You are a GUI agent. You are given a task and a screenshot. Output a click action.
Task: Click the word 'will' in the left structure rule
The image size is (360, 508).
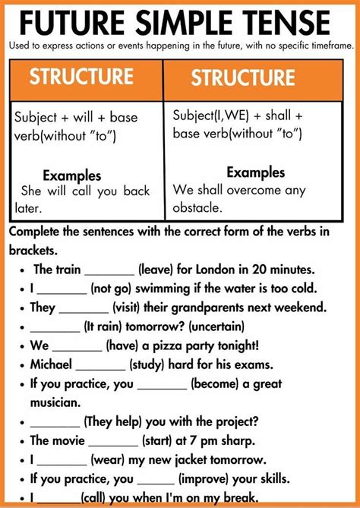click(x=87, y=117)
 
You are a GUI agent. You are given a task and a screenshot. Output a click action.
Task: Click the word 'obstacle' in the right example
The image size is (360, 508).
click(x=197, y=207)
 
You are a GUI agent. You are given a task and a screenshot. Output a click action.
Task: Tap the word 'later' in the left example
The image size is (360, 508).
click(x=28, y=207)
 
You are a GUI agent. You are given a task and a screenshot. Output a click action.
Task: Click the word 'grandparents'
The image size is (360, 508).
click(x=197, y=308)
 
